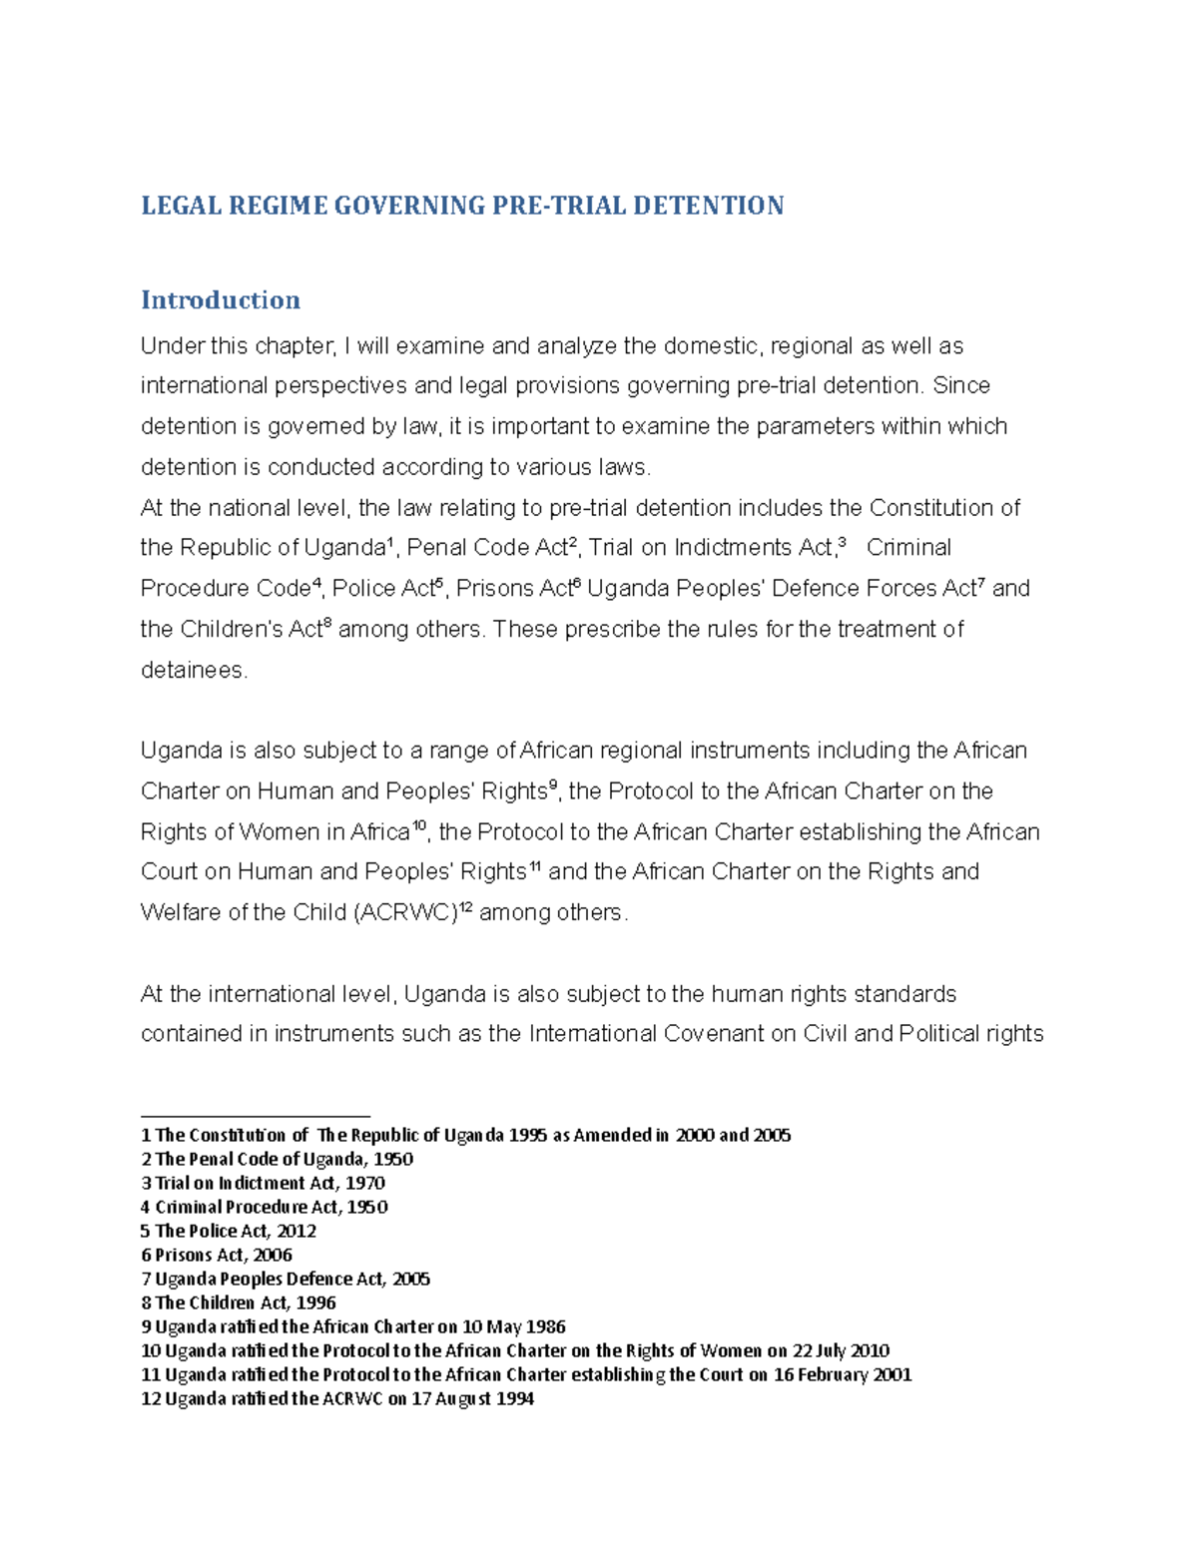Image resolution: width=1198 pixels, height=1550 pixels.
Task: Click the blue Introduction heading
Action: (x=221, y=300)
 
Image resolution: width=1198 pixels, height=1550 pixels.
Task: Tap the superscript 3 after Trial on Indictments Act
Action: (x=842, y=542)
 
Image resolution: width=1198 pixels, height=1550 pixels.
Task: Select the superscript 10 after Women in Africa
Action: (x=419, y=824)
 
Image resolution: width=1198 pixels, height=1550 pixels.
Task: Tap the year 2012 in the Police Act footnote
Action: (x=297, y=1231)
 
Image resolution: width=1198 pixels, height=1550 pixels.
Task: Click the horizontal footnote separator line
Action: (x=256, y=1116)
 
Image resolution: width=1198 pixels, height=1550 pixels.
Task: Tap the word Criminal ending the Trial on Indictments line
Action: (x=908, y=548)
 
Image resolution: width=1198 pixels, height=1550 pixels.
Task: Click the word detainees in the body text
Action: (x=192, y=671)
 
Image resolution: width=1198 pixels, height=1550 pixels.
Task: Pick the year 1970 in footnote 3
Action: (x=365, y=1183)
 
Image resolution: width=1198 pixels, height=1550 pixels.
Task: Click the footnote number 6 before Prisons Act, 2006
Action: (x=146, y=1255)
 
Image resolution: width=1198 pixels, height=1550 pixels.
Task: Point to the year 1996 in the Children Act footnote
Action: (x=315, y=1302)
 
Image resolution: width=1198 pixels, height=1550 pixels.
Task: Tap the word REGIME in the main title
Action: (x=279, y=207)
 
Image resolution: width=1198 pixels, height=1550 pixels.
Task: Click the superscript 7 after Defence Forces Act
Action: (x=980, y=583)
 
